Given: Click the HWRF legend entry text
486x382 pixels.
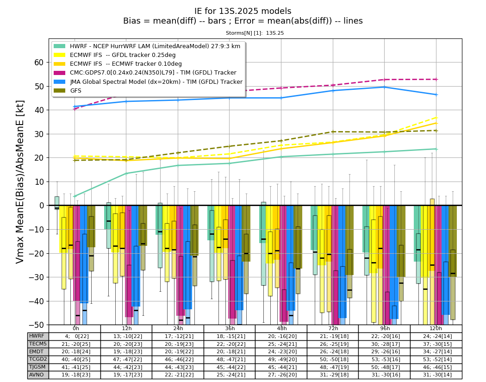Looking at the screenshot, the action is (155, 46).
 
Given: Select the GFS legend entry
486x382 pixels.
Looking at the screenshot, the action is (75, 91).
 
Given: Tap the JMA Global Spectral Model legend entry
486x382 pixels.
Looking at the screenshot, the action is (156, 81).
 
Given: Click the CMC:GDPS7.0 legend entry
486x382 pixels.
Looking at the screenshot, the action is (153, 73).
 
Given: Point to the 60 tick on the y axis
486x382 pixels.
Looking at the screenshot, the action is (39, 63).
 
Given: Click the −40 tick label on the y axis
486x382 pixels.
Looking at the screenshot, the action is (37, 301).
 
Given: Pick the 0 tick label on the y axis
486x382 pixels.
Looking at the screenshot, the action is (42, 206).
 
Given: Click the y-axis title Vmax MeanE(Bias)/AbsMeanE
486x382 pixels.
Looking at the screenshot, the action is (19, 182).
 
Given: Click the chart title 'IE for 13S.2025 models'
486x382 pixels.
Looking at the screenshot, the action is (243, 11).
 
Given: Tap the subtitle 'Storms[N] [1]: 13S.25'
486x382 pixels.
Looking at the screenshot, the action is (255, 33).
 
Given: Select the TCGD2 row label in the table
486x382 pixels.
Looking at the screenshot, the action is (37, 359).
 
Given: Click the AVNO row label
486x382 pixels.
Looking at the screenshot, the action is (37, 375).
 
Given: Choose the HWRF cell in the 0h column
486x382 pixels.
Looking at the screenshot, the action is (75, 337).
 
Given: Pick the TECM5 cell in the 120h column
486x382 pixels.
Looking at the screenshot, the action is (436, 344).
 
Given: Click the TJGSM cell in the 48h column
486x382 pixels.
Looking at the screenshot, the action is (281, 367).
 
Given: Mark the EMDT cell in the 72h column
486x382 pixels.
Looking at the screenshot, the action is (333, 351).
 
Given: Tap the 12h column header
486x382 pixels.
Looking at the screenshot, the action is (126, 329).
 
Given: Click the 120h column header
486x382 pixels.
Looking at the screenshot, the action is (436, 329).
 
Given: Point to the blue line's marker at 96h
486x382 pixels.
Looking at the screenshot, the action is (384, 87).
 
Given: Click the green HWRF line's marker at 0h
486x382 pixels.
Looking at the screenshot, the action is (75, 196).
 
